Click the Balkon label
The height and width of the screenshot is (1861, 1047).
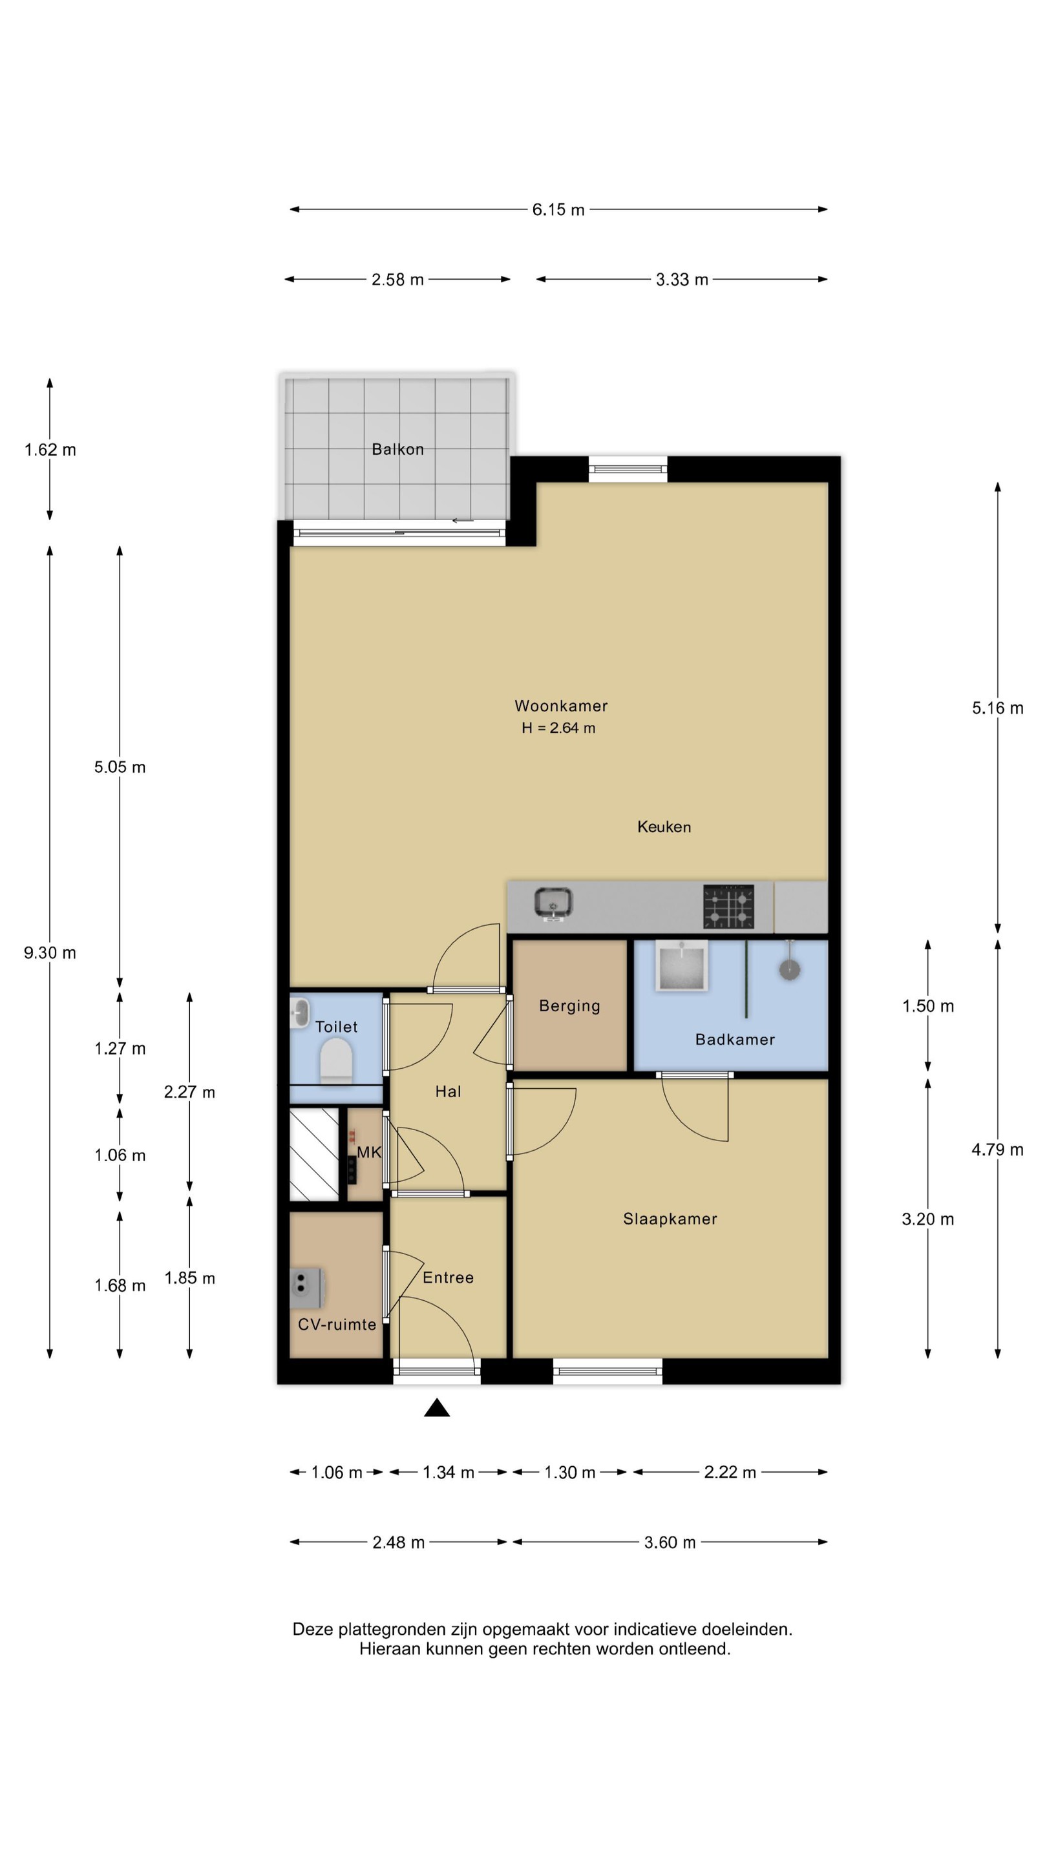397,448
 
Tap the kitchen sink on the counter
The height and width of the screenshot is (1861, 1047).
553,904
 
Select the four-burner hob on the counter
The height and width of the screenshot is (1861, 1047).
728,906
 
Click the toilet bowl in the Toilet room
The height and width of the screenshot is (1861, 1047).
336,1060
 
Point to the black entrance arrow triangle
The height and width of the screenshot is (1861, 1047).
437,1407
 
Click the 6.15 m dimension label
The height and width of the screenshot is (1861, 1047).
558,209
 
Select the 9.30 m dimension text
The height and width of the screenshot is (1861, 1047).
50,952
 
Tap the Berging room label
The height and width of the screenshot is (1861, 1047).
569,1005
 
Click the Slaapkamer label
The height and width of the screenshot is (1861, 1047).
670,1219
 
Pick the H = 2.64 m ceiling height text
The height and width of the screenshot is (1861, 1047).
558,728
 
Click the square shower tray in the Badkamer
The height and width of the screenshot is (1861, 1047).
681,965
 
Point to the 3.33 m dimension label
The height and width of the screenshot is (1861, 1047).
681,280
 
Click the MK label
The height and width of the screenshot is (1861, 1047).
369,1152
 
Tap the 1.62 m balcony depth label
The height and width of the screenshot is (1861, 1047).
50,449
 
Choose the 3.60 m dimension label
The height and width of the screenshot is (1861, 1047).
670,1542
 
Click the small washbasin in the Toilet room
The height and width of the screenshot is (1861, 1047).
300,1012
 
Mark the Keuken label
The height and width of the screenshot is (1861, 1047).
664,826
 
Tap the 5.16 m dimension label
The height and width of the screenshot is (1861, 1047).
997,708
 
